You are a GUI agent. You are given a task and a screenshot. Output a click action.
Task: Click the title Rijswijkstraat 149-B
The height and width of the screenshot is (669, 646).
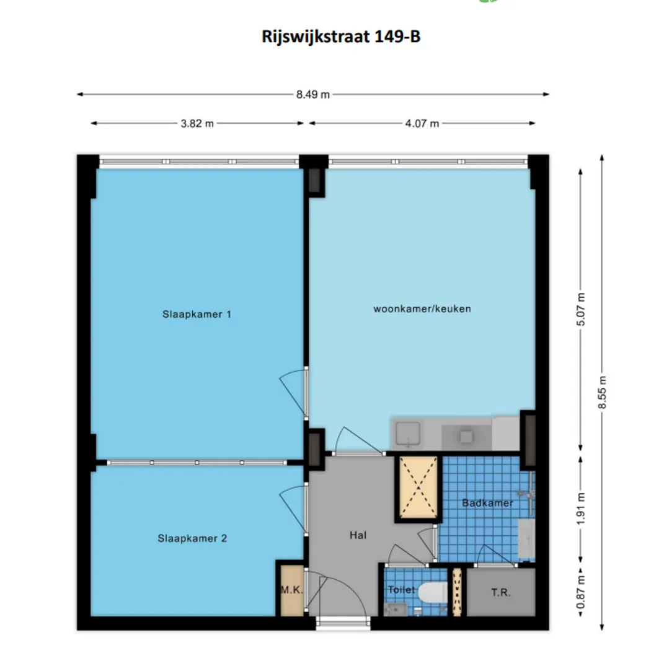coord(341,37)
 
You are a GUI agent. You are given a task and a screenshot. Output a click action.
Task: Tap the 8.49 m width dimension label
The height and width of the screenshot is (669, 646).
coord(313,95)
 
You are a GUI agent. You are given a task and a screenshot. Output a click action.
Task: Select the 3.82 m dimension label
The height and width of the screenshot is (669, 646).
coord(197,124)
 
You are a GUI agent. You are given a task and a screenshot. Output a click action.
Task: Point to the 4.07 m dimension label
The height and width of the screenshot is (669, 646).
coord(422,124)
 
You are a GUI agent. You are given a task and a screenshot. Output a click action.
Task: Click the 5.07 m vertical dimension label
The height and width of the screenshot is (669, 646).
coord(581,309)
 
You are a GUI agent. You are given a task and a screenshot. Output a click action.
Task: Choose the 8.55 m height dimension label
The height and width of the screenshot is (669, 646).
coord(602,392)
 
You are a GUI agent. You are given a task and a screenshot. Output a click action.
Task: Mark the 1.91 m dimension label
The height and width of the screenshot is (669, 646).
coord(581,509)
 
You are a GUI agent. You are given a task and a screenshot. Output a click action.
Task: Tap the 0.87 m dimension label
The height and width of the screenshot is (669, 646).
coord(581,593)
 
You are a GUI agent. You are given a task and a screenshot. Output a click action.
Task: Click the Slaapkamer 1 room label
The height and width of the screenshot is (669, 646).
coord(197,315)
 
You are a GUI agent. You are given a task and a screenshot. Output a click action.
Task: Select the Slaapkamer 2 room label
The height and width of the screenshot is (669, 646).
coord(192,538)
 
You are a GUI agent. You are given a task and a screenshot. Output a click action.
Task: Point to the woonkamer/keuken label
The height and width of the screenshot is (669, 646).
coord(422,309)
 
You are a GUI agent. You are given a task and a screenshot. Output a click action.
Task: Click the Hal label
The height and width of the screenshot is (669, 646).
coord(358,535)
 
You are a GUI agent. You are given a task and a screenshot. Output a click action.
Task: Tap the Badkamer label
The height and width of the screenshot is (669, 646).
coord(487,503)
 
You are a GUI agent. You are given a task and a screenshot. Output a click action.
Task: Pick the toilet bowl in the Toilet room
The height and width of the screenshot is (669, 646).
coord(433,593)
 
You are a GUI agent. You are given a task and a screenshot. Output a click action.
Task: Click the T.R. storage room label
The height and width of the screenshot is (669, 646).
coord(501,593)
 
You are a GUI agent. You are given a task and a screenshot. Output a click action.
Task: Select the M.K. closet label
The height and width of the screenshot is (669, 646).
coord(291,590)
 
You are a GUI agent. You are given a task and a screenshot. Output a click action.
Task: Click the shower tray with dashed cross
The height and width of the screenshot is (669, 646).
coord(418,488)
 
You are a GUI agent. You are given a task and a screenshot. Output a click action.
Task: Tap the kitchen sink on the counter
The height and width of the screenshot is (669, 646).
coord(409,434)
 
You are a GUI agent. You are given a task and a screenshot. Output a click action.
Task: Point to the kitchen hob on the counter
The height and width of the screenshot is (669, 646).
coord(466,437)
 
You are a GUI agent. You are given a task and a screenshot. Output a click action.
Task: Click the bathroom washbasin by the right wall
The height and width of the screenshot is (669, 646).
coord(526,538)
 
